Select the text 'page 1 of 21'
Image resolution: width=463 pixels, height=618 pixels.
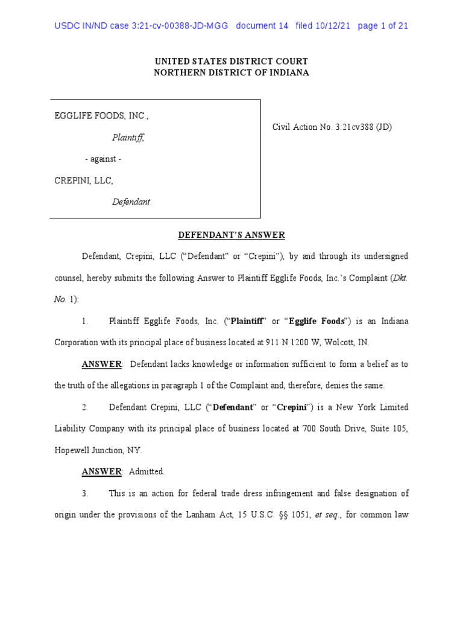[x=383, y=26]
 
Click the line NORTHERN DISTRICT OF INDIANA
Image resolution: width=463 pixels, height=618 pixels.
[x=231, y=72]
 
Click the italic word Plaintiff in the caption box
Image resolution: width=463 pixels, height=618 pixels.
[x=128, y=138]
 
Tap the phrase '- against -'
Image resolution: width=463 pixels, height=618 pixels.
[x=103, y=159]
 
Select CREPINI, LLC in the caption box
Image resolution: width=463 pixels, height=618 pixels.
[x=84, y=180]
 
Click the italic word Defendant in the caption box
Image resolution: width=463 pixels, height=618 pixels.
[x=132, y=202]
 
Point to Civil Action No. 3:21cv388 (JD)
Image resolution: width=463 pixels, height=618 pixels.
[x=332, y=127]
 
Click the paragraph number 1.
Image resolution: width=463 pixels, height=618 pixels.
[x=86, y=321]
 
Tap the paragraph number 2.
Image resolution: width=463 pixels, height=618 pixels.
[x=86, y=407]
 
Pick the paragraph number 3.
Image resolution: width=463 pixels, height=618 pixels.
[x=86, y=494]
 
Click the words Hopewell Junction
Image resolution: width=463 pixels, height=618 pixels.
[x=87, y=450]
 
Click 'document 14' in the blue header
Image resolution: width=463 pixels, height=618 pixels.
[x=262, y=26]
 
